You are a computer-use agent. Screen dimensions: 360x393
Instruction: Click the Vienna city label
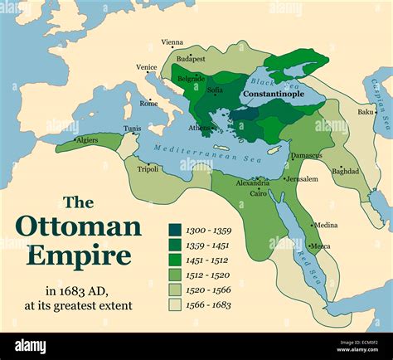pyautogui.click(x=172, y=42)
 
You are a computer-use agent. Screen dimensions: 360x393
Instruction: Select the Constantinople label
pyautogui.click(x=271, y=95)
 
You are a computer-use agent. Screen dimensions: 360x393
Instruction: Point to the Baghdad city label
pyautogui.click(x=346, y=171)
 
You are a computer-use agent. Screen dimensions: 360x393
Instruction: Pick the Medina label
pyautogui.click(x=326, y=225)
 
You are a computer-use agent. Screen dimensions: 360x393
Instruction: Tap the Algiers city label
pyautogui.click(x=87, y=140)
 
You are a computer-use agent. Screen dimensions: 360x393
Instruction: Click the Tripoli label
pyautogui.click(x=148, y=168)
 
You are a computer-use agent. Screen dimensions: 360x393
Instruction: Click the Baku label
pyautogui.click(x=366, y=111)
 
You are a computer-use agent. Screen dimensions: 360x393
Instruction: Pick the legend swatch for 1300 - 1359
pyautogui.click(x=176, y=230)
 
